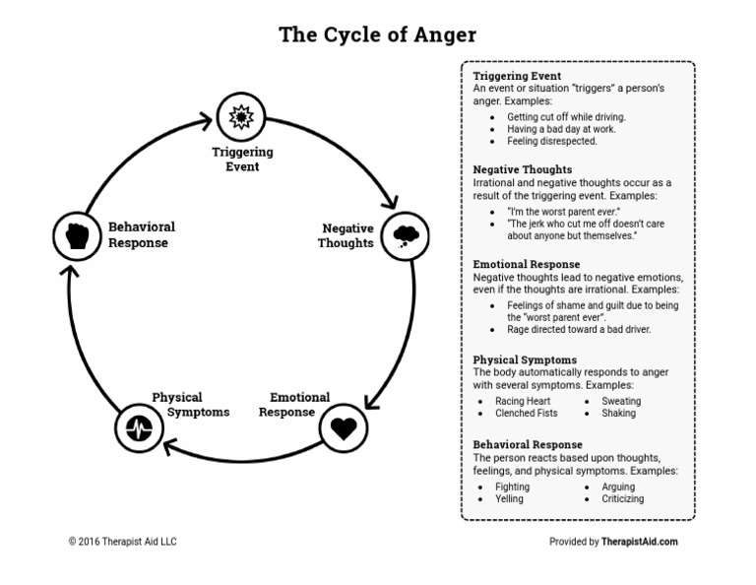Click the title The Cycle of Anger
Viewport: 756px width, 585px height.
pos(377,34)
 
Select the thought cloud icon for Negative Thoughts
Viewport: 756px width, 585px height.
pos(405,235)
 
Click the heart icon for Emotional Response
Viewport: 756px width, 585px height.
pos(344,428)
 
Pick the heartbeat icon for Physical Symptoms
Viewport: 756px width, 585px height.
pos(138,428)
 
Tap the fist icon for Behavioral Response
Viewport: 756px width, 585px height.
pos(77,235)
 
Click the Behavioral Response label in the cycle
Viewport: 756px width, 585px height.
pos(142,234)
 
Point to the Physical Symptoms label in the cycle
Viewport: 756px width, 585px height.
pos(191,405)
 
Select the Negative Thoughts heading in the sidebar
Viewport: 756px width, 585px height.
pos(522,170)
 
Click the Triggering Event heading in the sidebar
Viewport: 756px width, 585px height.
pos(517,76)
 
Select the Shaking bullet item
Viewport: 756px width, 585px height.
pos(618,414)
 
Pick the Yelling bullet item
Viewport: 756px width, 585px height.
pos(510,499)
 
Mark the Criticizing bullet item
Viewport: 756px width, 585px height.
pos(622,499)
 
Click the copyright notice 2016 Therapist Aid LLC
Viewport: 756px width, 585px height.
pos(122,542)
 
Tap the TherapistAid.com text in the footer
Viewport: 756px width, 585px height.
pos(639,542)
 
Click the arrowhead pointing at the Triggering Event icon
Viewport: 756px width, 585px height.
pos(206,120)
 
